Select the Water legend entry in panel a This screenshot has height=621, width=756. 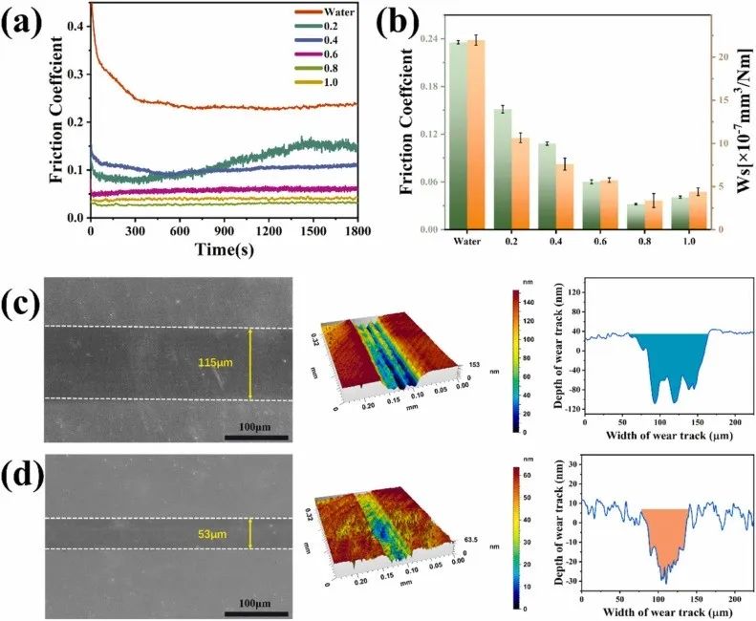coord(339,11)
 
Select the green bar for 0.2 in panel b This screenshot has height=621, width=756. coord(502,169)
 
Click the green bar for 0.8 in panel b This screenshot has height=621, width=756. coord(632,216)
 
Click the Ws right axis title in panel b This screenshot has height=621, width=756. coord(739,124)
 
